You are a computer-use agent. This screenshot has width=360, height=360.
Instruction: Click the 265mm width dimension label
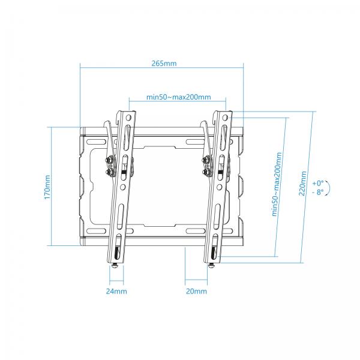coord(164,64)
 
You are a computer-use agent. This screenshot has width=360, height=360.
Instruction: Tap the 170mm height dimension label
coord(47,187)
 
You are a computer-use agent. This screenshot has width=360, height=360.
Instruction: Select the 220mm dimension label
coord(302,183)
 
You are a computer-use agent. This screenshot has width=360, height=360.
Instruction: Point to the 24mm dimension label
coord(116,291)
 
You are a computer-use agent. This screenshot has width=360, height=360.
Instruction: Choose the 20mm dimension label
coord(196,291)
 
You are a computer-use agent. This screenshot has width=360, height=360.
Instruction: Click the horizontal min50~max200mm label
coord(179,97)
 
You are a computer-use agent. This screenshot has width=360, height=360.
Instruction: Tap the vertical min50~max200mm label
coord(277,184)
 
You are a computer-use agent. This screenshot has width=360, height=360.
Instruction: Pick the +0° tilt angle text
coord(318,183)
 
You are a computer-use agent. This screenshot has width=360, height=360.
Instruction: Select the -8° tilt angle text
coord(318,192)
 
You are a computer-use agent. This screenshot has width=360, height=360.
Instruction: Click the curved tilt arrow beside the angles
coord(329,188)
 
